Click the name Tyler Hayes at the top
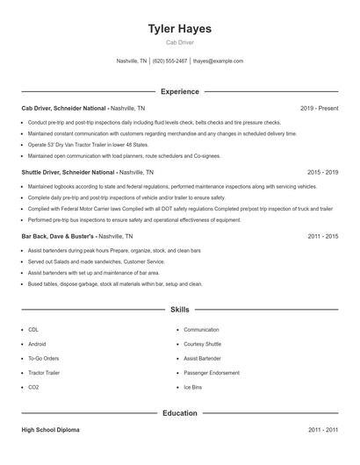[x=180, y=29]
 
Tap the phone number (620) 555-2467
[x=170, y=61]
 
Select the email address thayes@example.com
[x=218, y=61]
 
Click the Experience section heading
[x=180, y=91]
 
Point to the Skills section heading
[x=180, y=310]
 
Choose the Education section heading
[x=180, y=412]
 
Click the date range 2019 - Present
[x=319, y=108]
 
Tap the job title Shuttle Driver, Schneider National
[x=68, y=172]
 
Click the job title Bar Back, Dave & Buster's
[x=59, y=236]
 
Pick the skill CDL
[x=32, y=330]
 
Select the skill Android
[x=37, y=344]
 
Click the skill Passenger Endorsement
[x=212, y=373]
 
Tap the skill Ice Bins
[x=192, y=387]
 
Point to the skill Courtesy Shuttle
[x=202, y=344]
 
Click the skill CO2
[x=33, y=387]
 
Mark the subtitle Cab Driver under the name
[x=180, y=42]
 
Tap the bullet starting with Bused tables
[x=114, y=283]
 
